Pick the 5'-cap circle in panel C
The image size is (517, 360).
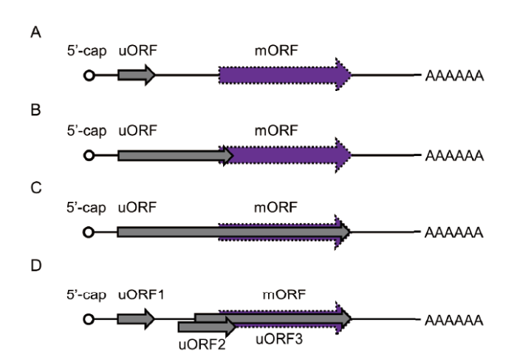click(89, 233)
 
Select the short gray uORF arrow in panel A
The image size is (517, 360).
click(136, 75)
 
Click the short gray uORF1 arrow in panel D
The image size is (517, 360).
click(136, 319)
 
